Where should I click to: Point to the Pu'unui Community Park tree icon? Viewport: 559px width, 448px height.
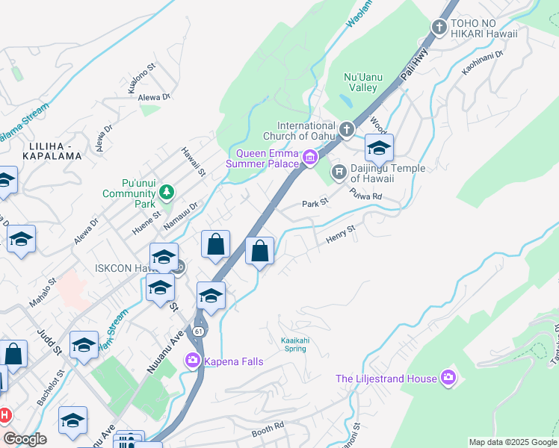166,193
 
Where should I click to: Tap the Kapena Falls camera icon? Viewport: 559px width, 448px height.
194,361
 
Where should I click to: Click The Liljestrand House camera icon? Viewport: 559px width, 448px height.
448,378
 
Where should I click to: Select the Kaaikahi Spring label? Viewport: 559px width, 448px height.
295,344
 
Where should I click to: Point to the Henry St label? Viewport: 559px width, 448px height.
340,238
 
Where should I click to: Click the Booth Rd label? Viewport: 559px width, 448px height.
268,429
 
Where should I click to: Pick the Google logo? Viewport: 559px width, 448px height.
25,439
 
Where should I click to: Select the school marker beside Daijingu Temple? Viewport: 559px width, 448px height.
379,148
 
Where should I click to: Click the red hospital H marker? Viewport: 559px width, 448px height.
4,414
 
